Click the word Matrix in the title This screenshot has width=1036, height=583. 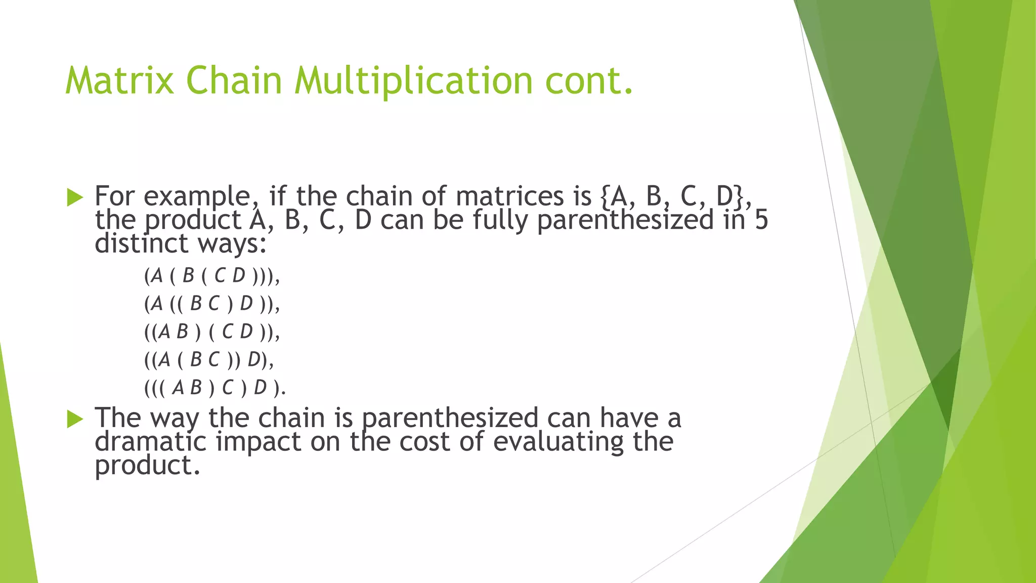[x=120, y=80]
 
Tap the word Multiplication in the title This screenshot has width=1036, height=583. [x=413, y=80]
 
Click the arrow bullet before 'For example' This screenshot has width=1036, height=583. [x=74, y=197]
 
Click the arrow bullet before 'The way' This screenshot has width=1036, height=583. [x=74, y=419]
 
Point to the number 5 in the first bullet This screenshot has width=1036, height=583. [x=761, y=220]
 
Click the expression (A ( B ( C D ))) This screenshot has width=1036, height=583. [x=211, y=276]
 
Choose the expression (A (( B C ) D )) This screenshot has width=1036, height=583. [x=211, y=304]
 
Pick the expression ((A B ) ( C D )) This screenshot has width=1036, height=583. [x=211, y=331]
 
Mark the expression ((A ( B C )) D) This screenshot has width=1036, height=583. [x=208, y=359]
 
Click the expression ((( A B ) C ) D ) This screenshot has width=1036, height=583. [x=214, y=388]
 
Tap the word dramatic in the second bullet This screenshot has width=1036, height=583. [x=150, y=441]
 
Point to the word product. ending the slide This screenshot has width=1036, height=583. [x=147, y=465]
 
